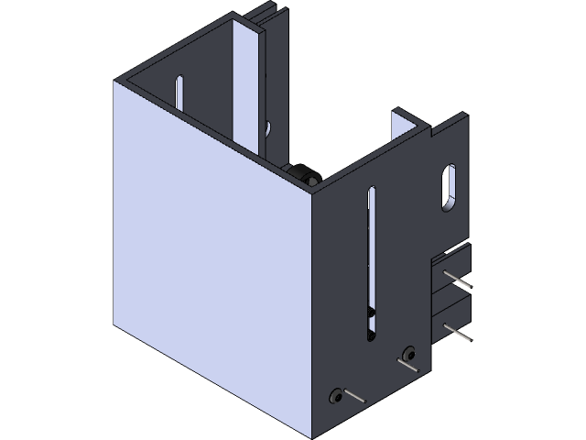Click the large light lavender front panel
(211, 257)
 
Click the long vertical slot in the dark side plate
(371, 247)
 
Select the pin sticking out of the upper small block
(458, 278)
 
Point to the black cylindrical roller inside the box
(300, 175)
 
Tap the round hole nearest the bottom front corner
(335, 396)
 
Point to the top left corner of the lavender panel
(115, 82)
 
